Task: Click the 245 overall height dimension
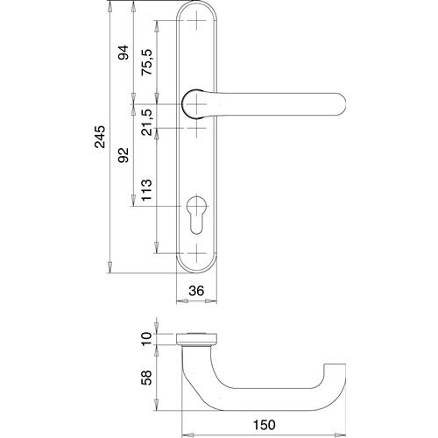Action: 100,137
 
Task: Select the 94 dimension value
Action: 124,53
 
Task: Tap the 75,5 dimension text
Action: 147,62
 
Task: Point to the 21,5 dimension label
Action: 147,122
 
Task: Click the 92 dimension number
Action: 124,155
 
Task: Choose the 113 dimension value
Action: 147,190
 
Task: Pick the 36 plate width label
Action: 196,291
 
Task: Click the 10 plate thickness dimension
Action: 147,339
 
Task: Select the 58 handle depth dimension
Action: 147,378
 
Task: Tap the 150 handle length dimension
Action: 265,425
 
